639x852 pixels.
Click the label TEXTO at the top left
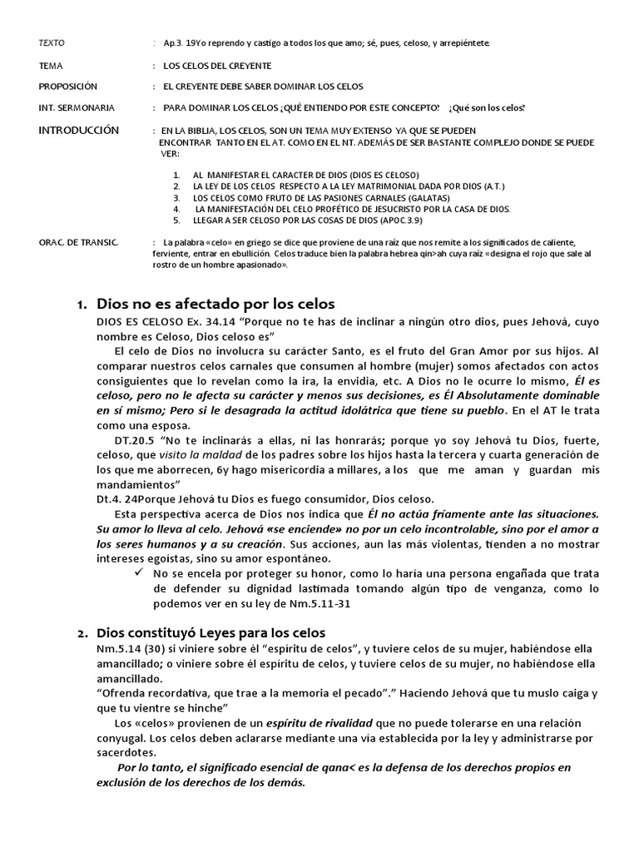coord(52,42)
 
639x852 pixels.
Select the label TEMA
coord(50,65)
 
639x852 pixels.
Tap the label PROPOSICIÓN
coord(68,87)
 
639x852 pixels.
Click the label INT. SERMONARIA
coord(77,108)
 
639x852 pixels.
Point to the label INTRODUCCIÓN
coord(79,131)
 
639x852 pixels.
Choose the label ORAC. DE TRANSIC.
coord(79,241)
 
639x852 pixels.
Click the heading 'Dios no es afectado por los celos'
coord(215,304)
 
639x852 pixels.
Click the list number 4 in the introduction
coord(176,209)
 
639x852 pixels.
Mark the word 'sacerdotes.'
coord(128,752)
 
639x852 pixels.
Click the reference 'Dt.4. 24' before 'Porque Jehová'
coord(116,499)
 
